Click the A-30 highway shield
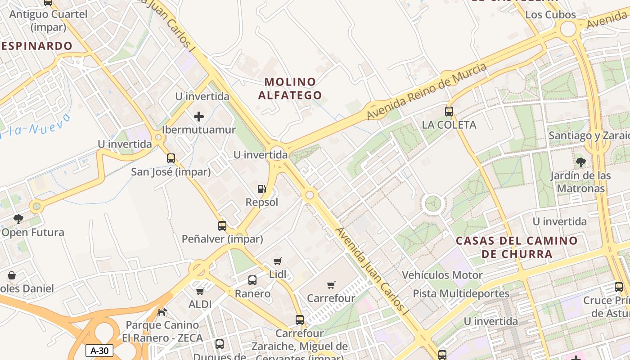coord(99,351)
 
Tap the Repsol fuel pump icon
coord(261,189)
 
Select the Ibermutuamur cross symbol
coord(199,117)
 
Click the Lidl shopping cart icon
coord(278,261)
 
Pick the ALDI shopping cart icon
coord(200,291)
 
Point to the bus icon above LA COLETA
coord(449,111)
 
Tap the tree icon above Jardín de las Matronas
coord(580,162)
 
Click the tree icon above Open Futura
coord(18,219)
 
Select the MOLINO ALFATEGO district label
coord(293,88)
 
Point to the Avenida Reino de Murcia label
coord(427,91)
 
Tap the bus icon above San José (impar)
coord(171,158)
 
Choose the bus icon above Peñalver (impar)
coord(222,225)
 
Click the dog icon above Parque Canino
coord(162,311)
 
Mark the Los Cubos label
coord(550,15)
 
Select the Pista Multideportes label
coord(461,294)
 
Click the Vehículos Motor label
coord(442,275)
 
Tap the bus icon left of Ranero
coord(252,280)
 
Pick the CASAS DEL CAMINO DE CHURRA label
coord(517,247)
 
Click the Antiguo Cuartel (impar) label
coord(48,20)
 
